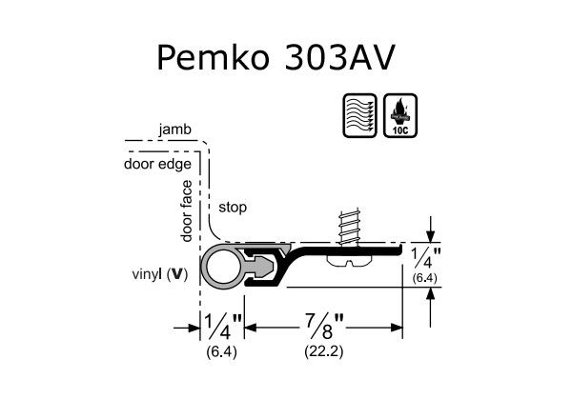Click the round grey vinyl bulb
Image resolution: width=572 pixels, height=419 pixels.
222,269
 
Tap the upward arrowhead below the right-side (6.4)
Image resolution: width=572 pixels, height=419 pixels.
433,294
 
